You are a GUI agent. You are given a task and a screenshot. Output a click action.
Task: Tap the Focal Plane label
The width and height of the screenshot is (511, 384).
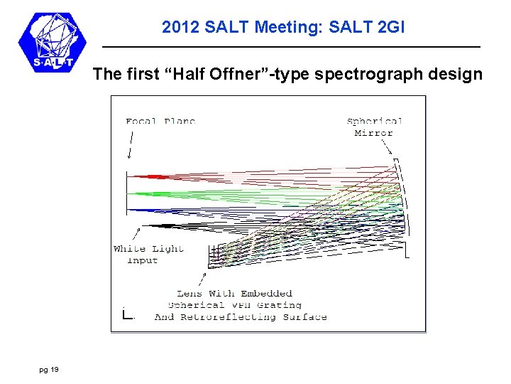[160, 121]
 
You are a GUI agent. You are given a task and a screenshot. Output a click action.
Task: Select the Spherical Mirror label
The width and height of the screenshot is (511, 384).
[375, 127]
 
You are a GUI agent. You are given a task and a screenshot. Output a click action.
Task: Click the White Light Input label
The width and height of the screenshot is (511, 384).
[148, 254]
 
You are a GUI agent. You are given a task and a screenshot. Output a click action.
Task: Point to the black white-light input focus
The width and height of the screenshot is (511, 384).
[153, 226]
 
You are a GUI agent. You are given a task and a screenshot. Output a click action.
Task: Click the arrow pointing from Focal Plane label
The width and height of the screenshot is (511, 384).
[131, 146]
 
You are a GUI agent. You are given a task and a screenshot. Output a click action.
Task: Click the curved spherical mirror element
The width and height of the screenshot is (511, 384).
[405, 206]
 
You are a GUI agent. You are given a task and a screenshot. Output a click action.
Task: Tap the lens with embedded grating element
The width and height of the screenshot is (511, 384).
[216, 253]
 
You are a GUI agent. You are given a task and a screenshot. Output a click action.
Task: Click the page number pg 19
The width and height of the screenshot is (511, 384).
[50, 369]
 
